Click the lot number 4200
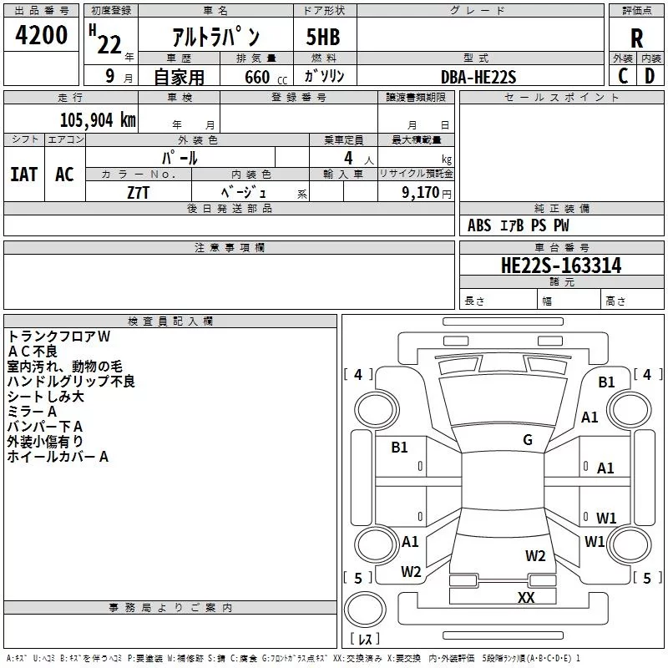click(41, 34)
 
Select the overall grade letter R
click(636, 38)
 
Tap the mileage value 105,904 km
click(98, 119)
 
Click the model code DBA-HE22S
click(478, 77)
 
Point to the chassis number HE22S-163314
click(561, 266)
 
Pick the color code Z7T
click(138, 193)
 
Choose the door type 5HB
click(323, 37)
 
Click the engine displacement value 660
click(257, 77)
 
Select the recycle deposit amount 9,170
click(420, 192)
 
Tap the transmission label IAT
click(24, 175)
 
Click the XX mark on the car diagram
click(526, 597)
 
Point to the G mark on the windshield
click(528, 439)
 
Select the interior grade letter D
click(650, 76)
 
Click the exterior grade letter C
click(623, 76)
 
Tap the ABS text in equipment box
click(479, 225)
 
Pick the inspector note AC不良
click(33, 352)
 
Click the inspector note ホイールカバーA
click(58, 457)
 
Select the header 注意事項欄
click(230, 247)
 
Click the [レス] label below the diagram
click(365, 638)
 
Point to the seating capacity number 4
click(348, 158)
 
